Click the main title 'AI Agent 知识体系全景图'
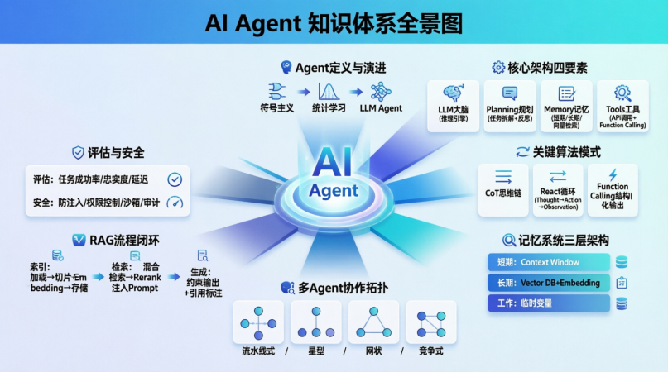334,22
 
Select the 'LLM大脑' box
453,106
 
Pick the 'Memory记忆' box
566,106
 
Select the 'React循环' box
558,189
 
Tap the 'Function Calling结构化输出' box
613,189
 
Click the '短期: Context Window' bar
550,262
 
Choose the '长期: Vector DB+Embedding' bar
550,283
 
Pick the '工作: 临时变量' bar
550,303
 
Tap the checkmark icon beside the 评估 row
175,179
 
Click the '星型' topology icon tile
315,322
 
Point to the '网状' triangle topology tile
373,322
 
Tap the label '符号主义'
278,108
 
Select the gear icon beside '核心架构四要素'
498,68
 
